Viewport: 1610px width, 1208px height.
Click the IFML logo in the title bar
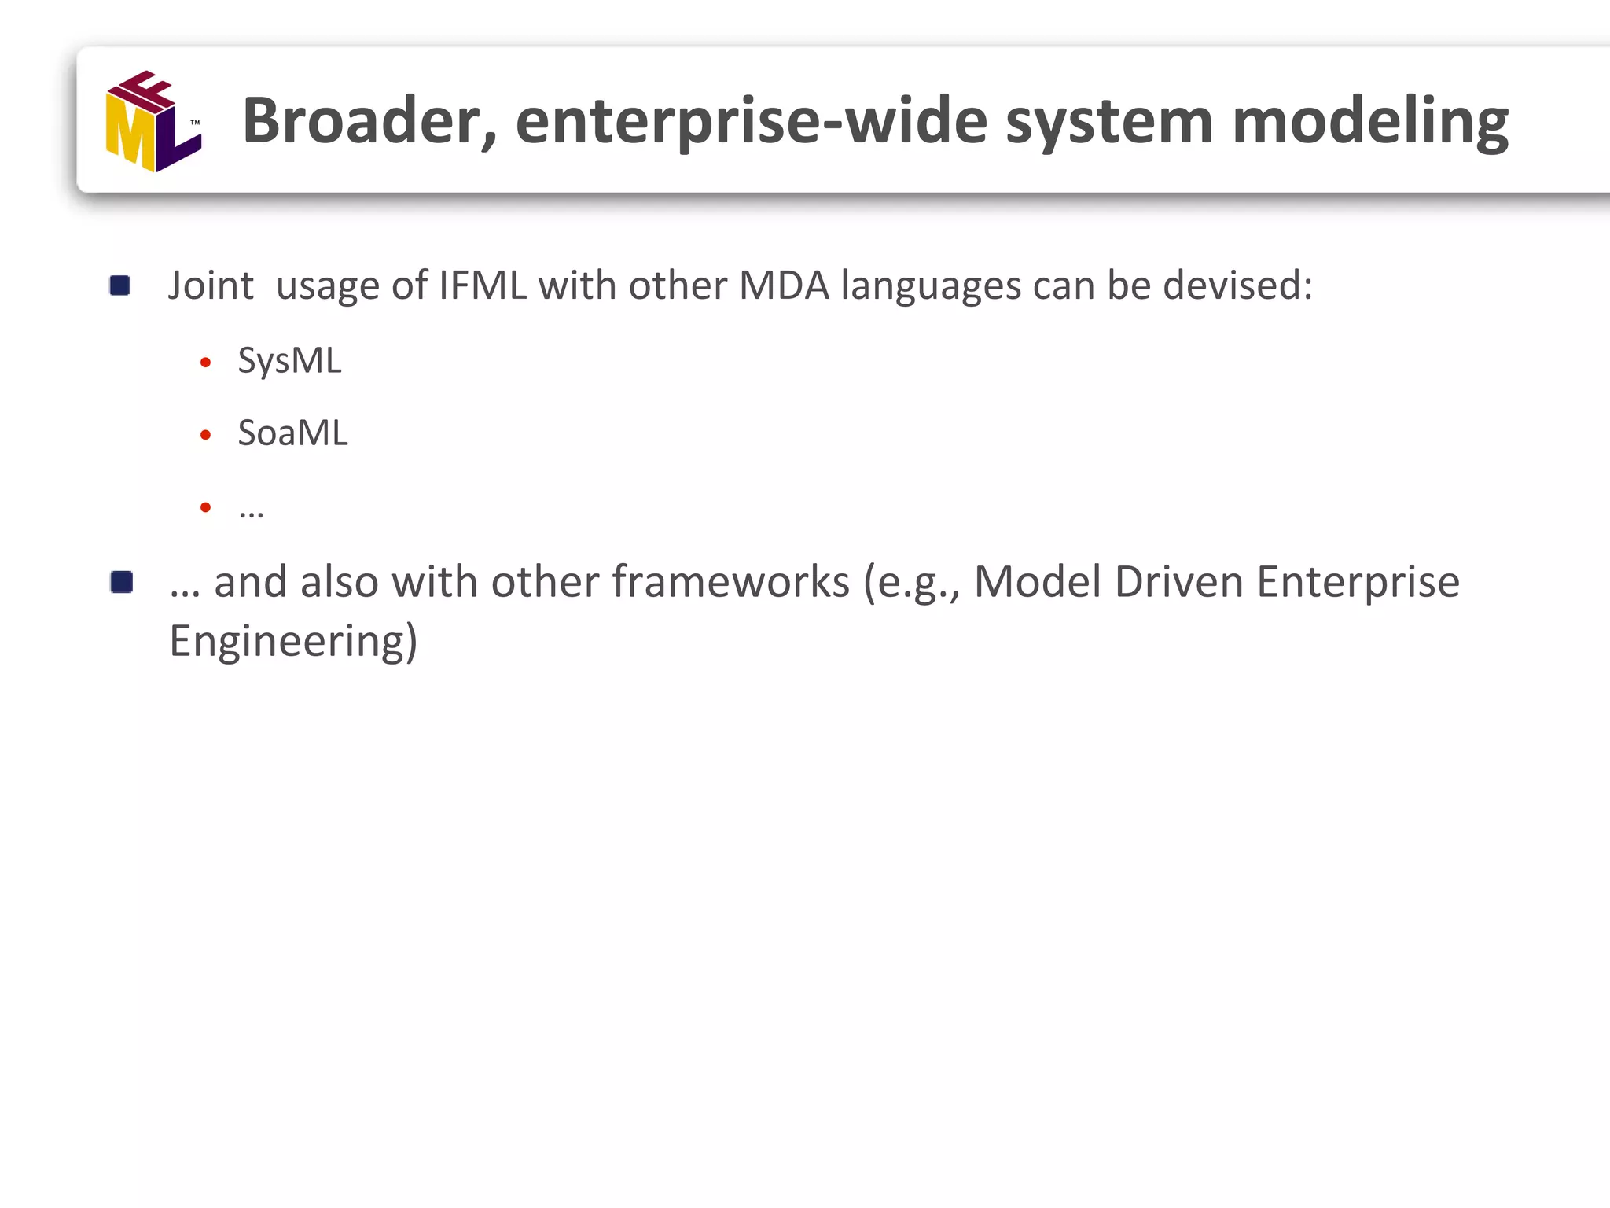[x=153, y=121]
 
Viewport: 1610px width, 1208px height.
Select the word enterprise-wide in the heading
[x=751, y=121]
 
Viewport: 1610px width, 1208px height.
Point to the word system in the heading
[x=1109, y=121]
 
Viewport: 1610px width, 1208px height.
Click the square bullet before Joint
[x=120, y=285]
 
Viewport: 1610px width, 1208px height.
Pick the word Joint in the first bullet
[x=211, y=285]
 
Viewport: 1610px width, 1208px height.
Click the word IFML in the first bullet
[x=483, y=285]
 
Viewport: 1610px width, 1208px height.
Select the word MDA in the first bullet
[x=784, y=285]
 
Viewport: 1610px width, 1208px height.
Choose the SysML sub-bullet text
[x=289, y=362]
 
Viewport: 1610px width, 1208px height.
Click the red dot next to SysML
[x=206, y=363]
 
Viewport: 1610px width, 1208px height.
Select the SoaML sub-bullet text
[x=292, y=433]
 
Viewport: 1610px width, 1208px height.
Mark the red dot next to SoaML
[x=206, y=435]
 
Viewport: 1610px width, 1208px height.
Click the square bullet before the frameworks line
[x=122, y=582]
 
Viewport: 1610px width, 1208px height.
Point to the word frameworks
[x=730, y=583]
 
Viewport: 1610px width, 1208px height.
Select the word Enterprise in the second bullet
[x=1358, y=583]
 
